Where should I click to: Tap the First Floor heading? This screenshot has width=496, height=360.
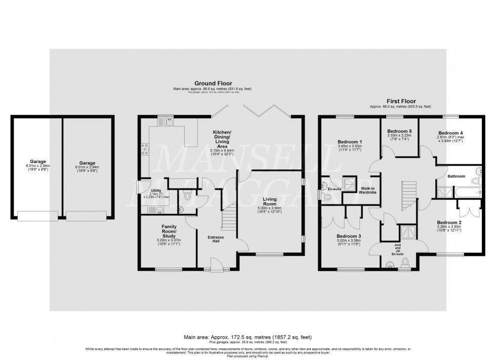click(x=400, y=101)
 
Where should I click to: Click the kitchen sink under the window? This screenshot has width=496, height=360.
click(x=168, y=122)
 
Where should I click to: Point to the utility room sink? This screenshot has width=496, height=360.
click(x=159, y=209)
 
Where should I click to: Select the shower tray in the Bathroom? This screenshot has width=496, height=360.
click(x=443, y=191)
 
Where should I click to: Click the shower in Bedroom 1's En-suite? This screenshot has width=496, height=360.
click(x=349, y=183)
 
